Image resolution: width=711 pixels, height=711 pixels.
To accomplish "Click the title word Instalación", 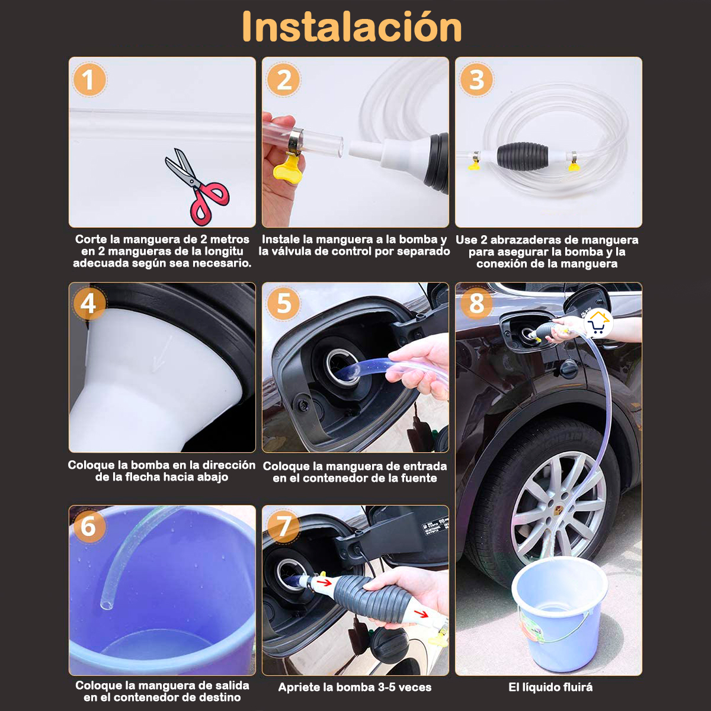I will (352, 27).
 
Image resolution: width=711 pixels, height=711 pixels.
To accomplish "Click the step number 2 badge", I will (284, 81).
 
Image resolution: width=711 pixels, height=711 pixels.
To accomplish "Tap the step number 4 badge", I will (88, 304).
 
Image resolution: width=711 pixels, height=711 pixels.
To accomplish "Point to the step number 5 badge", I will (284, 303).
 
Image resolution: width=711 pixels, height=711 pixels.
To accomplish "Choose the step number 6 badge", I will (88, 526).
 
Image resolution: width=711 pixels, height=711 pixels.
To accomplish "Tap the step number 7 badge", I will (284, 526).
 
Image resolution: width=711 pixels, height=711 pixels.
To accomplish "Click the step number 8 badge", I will (476, 303).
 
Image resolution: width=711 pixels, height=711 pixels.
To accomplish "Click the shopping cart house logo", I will (598, 324).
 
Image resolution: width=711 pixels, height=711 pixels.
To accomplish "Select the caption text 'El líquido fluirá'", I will (550, 687).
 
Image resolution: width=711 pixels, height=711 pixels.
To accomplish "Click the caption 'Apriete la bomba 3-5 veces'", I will (355, 687).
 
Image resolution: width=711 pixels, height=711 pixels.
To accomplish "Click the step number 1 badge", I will (88, 81).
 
